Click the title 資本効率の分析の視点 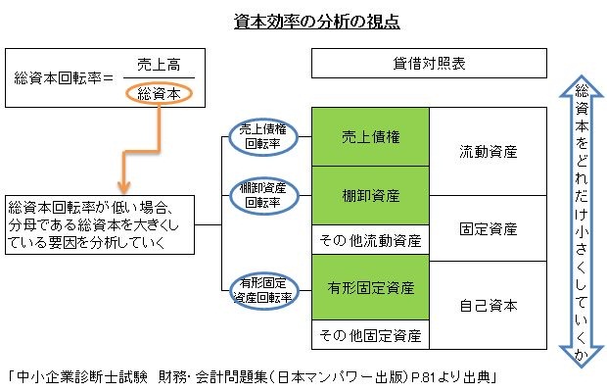(303, 21)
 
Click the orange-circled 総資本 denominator (158, 94)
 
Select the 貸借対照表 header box (428, 63)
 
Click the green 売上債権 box (371, 137)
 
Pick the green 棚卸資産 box (371, 195)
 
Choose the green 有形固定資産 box (371, 288)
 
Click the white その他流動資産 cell (371, 239)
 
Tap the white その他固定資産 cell (371, 335)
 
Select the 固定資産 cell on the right (488, 228)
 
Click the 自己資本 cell (488, 305)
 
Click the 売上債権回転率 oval (263, 137)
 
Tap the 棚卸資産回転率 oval (263, 194)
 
